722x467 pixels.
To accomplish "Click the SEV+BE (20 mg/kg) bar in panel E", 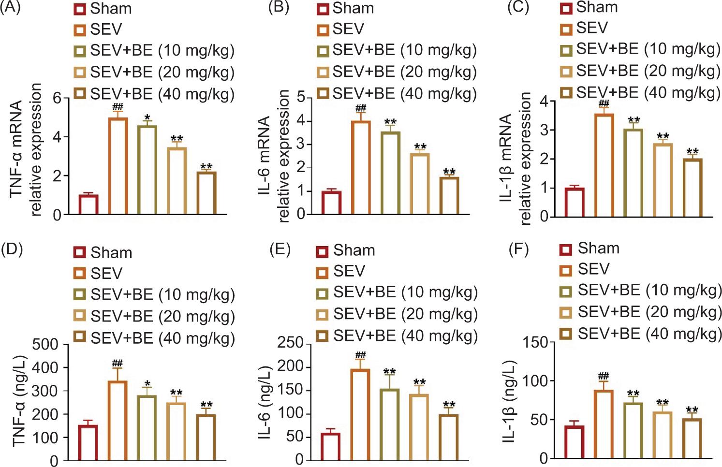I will pos(419,426).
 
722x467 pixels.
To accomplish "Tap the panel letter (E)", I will pos(280,249).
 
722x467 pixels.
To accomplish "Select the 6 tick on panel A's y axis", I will pos(58,98).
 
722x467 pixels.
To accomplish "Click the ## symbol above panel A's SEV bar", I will pos(118,107).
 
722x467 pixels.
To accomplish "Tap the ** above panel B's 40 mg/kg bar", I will pos(449,172).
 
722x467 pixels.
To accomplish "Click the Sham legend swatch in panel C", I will pos(566,8).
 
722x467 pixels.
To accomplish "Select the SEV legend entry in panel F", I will pos(593,269).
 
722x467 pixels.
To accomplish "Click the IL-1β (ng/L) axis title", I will pos(509,401).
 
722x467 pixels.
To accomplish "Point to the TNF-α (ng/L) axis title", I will pos(19,401).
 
